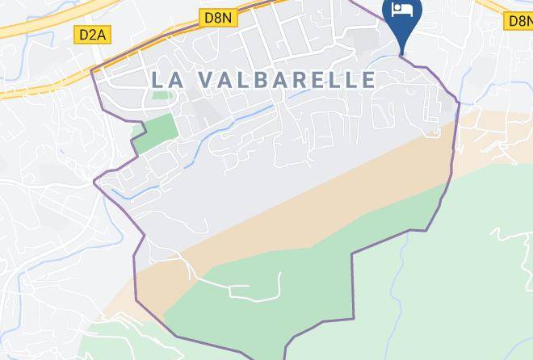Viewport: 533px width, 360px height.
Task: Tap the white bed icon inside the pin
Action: click(401, 10)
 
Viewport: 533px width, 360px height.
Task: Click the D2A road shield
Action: click(94, 35)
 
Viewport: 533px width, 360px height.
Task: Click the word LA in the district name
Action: click(164, 79)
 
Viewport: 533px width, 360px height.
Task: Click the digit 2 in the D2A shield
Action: click(94, 35)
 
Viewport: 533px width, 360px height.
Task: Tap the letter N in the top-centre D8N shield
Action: click(228, 17)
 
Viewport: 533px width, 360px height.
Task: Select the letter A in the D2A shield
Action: click(103, 35)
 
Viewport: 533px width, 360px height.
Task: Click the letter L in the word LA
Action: click(155, 79)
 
